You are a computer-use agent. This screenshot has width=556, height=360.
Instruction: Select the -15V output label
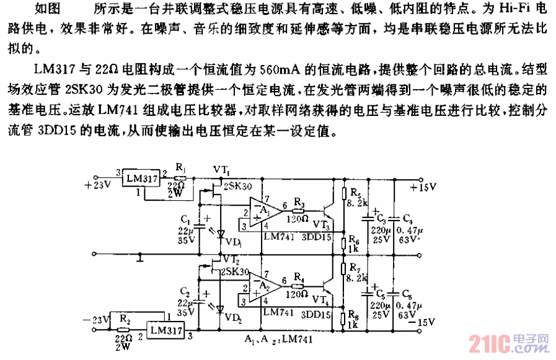click(x=423, y=321)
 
